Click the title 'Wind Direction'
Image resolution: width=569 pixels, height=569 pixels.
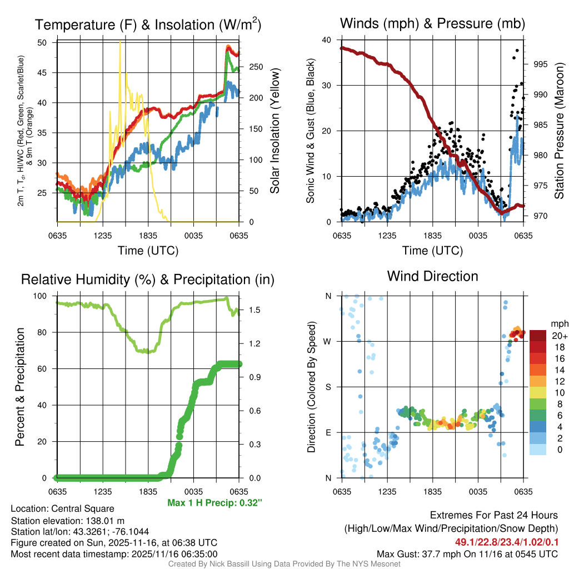432,276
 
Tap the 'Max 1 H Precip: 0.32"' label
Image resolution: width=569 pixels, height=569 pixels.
214,503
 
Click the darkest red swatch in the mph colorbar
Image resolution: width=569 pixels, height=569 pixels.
538,335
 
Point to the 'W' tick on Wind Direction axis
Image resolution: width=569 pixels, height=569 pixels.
327,341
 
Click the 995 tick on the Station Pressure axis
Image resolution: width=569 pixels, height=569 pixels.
540,64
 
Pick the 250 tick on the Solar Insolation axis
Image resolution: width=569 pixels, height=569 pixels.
256,67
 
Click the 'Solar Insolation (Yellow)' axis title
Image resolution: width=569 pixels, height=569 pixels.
274,131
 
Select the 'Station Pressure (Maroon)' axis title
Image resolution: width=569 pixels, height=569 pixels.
559,131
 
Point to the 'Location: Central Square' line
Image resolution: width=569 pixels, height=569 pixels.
62,509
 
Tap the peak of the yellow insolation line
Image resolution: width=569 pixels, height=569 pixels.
120,42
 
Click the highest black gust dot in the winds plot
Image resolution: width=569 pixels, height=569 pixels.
517,51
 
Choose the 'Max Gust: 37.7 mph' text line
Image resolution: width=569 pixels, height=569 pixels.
467,554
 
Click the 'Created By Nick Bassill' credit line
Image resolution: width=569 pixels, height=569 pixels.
284,564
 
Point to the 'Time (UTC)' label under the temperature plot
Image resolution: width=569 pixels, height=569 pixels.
148,251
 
